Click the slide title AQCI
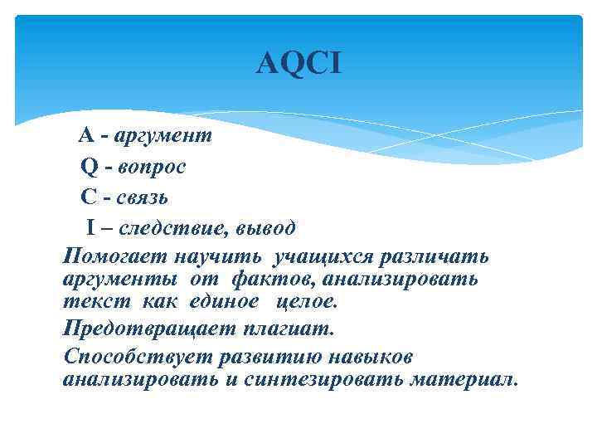(x=298, y=63)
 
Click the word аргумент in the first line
(x=163, y=136)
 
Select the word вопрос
(x=152, y=167)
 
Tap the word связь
(x=143, y=197)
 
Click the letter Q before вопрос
(x=90, y=167)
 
